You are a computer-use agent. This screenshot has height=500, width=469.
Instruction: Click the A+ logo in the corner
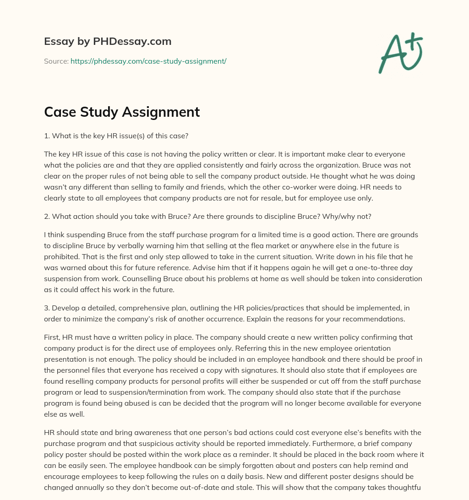coord(400,53)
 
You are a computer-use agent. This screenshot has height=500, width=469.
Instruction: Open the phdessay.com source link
coord(148,61)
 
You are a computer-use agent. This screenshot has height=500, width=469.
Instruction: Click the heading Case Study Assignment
coord(122,112)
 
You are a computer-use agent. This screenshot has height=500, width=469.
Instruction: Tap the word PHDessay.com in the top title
coord(132,42)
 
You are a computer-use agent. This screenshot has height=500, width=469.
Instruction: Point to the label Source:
coord(56,61)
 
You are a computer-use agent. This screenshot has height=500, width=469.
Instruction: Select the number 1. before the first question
coord(47,136)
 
